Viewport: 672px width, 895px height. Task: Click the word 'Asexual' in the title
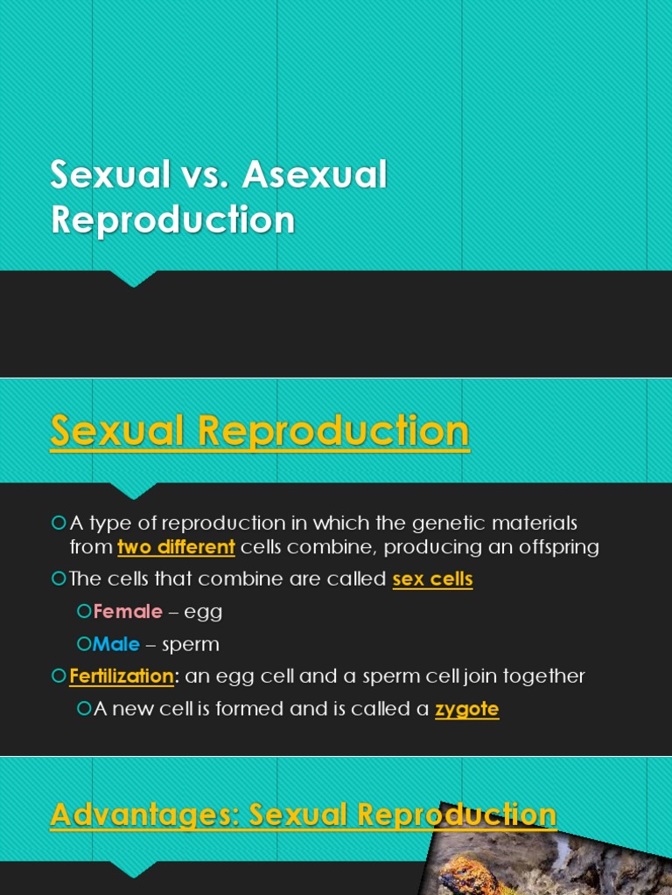(315, 175)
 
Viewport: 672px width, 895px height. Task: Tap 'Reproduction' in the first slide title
(172, 219)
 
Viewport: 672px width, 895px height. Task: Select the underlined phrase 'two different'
(176, 548)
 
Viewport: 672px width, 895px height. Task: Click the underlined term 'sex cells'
(432, 579)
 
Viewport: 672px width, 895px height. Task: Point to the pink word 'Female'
(128, 612)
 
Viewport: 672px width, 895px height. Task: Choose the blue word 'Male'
(116, 644)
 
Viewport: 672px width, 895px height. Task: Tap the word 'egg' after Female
(203, 613)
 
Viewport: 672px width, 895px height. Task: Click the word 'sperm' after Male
(192, 645)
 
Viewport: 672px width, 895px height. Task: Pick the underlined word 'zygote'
(466, 709)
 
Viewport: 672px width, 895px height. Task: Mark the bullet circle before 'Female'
(84, 611)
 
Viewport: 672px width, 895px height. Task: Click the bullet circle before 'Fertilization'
(59, 676)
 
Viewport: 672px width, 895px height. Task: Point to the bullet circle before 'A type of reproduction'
(59, 523)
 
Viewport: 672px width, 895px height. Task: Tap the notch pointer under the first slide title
(133, 279)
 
